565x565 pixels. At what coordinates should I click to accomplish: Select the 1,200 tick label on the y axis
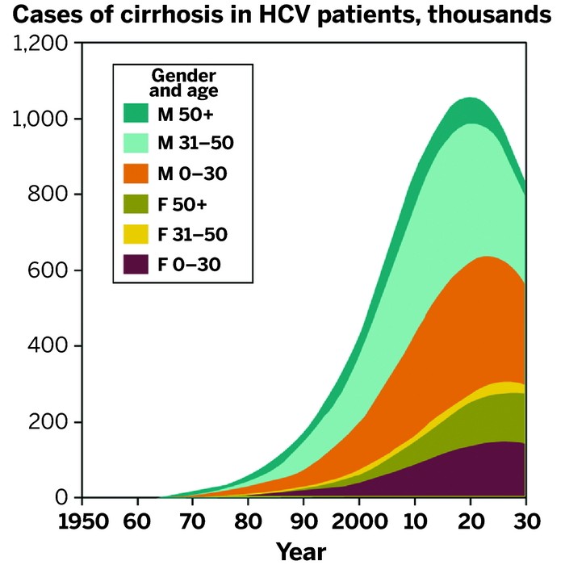(x=37, y=44)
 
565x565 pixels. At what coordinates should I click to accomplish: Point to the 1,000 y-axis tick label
(x=37, y=119)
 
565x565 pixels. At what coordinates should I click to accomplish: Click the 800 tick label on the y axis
(x=44, y=195)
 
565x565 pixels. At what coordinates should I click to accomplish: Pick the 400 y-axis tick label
(x=44, y=347)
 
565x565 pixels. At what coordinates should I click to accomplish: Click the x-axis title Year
(x=301, y=551)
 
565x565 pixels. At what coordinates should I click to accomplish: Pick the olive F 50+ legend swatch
(x=136, y=203)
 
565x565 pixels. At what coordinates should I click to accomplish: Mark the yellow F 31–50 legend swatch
(x=136, y=234)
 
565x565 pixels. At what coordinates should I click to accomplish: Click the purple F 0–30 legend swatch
(x=136, y=264)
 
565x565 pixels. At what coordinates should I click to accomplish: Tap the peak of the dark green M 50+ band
(x=470, y=99)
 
